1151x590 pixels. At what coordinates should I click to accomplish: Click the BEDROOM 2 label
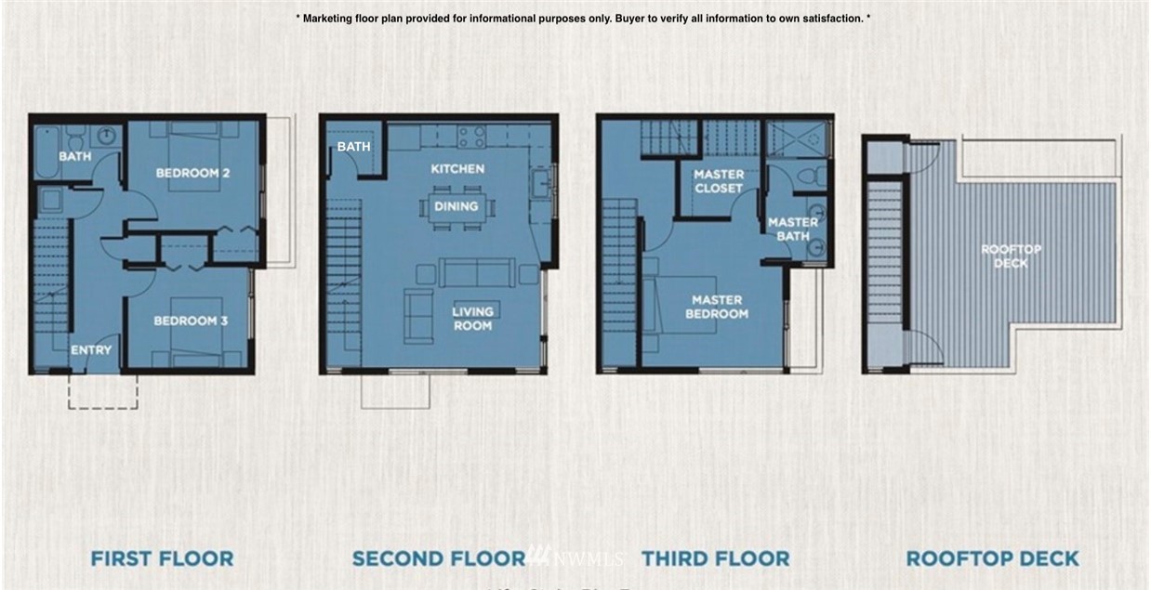point(192,173)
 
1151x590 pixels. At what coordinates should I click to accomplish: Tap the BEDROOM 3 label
point(191,321)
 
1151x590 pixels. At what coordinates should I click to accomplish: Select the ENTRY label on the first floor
point(91,350)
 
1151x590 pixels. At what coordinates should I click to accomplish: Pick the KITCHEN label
point(456,169)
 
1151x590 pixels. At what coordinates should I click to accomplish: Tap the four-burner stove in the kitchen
point(471,137)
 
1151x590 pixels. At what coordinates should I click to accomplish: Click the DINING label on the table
point(456,206)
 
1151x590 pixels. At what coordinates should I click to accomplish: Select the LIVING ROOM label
point(472,319)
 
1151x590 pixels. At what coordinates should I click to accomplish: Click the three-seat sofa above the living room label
point(476,272)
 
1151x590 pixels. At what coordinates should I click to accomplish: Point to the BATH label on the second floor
point(353,147)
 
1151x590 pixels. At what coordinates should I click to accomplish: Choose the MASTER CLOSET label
point(719,181)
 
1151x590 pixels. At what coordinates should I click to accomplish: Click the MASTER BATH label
point(792,229)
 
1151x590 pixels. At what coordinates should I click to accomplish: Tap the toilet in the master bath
point(811,176)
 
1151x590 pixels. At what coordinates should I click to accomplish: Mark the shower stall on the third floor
point(799,138)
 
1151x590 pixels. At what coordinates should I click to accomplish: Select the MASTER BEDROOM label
point(716,308)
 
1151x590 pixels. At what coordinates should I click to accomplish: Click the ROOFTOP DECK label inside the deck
point(1011,256)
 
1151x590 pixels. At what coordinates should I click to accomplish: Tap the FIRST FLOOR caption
point(162,558)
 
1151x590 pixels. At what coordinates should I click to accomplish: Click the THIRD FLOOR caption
point(715,558)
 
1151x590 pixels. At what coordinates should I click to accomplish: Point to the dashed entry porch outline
point(102,392)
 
